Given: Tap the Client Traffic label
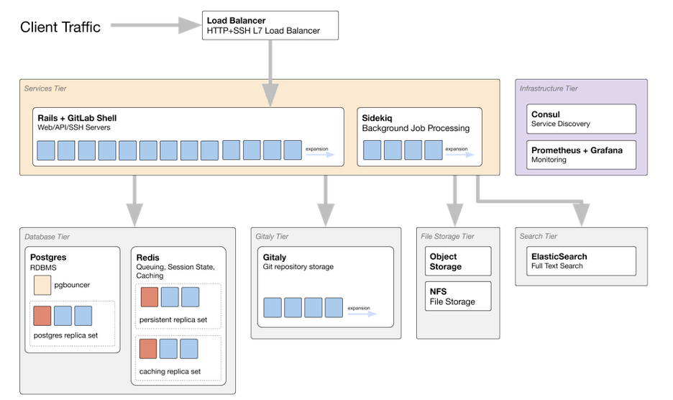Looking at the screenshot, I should (60, 27).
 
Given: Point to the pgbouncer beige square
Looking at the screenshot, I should (42, 285).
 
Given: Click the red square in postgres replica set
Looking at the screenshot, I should (42, 316).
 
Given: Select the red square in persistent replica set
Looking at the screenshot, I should (150, 297).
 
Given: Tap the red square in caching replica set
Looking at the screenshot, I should (150, 349).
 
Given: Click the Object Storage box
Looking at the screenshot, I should (458, 261).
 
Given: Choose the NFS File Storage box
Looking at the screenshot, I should (458, 296).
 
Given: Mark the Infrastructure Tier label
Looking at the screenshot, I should (549, 88).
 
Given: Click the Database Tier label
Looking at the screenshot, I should (47, 237).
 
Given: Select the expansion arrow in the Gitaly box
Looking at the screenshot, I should (362, 313).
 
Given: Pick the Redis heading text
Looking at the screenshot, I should (147, 257).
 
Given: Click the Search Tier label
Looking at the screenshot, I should (539, 236).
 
